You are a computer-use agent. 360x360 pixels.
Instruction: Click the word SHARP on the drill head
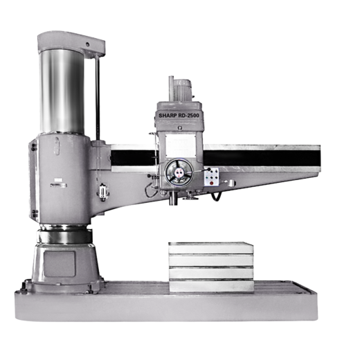click(168, 116)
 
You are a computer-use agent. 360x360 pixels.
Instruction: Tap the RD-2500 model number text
click(188, 116)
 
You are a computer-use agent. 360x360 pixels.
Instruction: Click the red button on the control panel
click(211, 183)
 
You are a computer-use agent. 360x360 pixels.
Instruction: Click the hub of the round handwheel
click(179, 172)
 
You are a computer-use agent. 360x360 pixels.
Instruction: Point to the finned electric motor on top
click(183, 90)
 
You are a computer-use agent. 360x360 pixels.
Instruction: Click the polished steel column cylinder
click(62, 91)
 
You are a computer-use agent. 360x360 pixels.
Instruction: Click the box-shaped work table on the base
click(211, 267)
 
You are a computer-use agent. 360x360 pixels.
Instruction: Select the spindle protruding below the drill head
click(173, 199)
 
